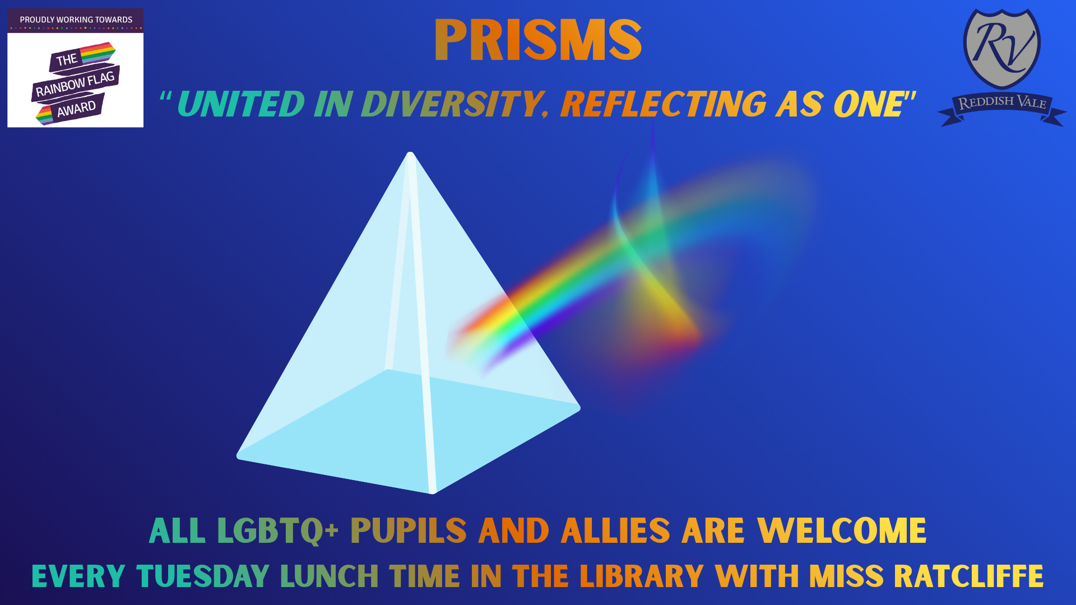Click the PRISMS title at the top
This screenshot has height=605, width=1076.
(x=538, y=40)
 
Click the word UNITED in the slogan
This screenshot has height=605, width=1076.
(x=241, y=104)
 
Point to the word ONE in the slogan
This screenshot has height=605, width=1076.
(x=869, y=104)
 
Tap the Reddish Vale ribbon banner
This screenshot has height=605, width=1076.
(x=1002, y=108)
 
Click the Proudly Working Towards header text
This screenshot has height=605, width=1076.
(x=76, y=20)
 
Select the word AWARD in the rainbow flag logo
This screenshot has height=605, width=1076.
(x=76, y=109)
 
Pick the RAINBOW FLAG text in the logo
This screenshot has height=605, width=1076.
(x=75, y=84)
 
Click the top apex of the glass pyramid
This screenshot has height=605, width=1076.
(x=410, y=153)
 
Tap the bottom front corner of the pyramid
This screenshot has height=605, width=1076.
(x=432, y=492)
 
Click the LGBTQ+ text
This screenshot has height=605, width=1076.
(x=277, y=530)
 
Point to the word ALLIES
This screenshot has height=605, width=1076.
(x=615, y=530)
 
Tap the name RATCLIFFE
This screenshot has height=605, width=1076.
(x=968, y=576)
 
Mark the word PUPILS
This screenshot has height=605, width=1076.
(x=409, y=530)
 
